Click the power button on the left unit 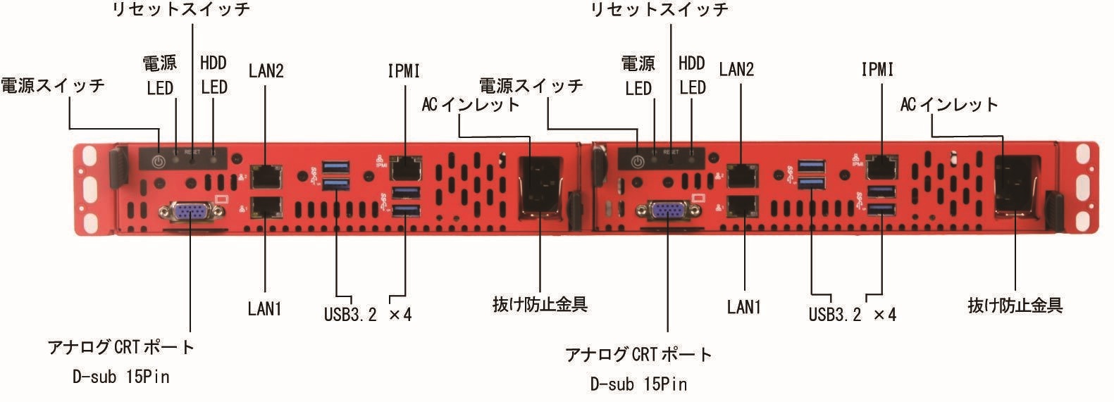click(x=159, y=161)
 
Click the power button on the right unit click(x=637, y=161)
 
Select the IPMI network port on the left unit click(x=406, y=168)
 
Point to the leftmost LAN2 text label click(x=266, y=70)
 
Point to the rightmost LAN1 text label click(x=744, y=307)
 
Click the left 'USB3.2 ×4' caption click(x=367, y=313)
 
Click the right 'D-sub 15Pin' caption click(x=638, y=384)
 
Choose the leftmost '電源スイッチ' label click(x=52, y=85)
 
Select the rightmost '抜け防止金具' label click(x=1015, y=306)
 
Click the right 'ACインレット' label click(x=949, y=104)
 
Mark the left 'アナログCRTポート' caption click(x=120, y=347)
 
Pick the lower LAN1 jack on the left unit click(x=266, y=206)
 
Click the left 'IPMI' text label click(x=404, y=70)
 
